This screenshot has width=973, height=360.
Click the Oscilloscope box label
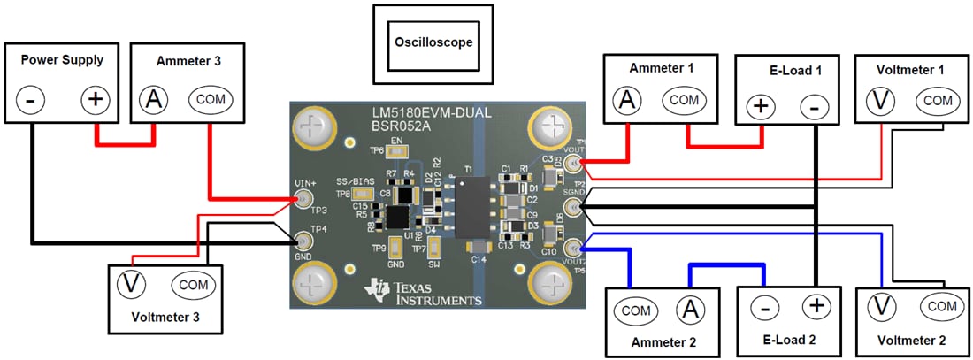click(433, 42)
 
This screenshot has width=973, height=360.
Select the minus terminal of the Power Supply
click(30, 100)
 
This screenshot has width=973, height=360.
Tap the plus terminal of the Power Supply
click(96, 100)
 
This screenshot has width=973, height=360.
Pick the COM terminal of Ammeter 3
click(211, 100)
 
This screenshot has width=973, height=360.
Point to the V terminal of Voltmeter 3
click(132, 284)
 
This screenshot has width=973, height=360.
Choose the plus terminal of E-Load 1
click(760, 107)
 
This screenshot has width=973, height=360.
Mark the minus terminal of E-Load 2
click(765, 308)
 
